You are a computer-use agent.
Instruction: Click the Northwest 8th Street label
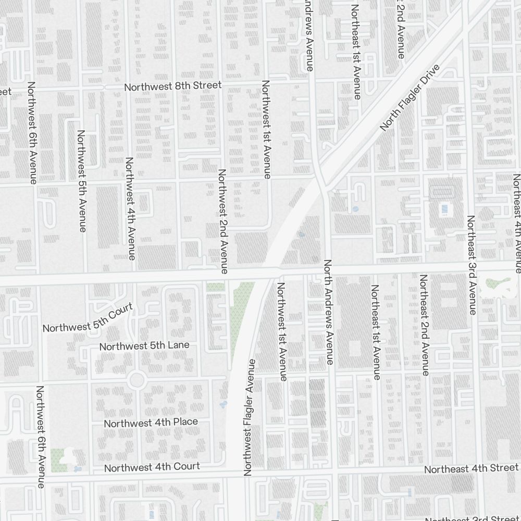click(172, 86)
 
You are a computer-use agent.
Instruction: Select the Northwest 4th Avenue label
click(130, 208)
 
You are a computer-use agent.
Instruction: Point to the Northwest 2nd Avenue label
click(222, 221)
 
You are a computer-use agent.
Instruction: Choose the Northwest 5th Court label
click(89, 321)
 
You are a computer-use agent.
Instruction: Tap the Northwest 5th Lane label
click(144, 346)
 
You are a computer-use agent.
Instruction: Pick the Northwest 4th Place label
click(151, 422)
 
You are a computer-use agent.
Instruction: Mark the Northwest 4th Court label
click(152, 467)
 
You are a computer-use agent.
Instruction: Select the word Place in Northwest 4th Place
click(185, 421)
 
